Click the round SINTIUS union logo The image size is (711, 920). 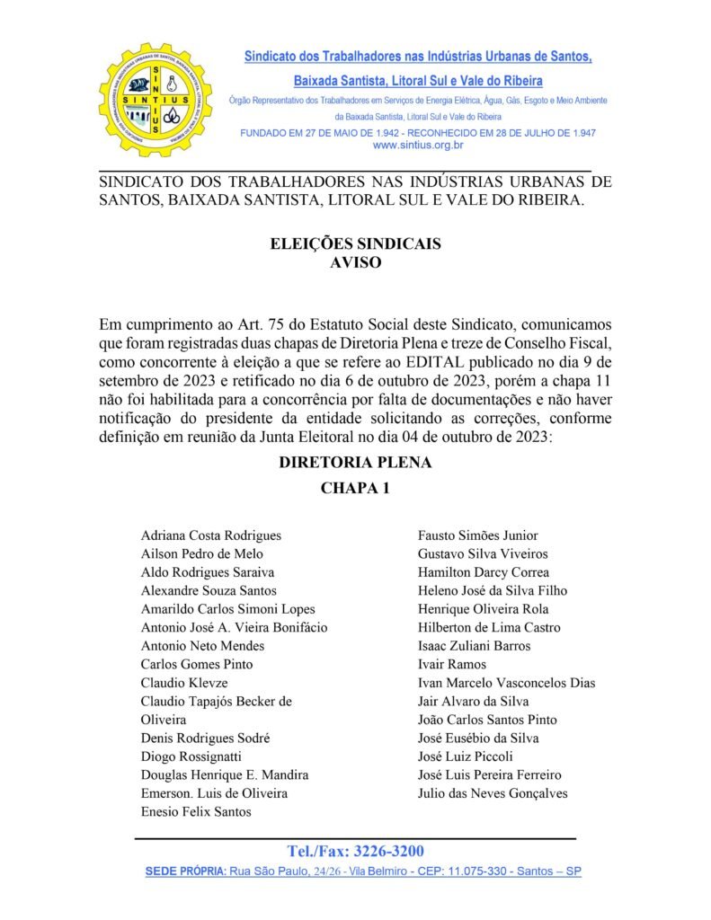point(156,100)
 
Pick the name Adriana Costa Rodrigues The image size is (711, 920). point(211,535)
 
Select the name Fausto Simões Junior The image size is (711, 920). point(478,535)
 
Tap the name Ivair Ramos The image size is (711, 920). point(452,664)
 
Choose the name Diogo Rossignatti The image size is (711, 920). point(191,756)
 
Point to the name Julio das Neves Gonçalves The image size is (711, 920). point(493,793)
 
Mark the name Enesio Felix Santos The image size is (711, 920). point(196,812)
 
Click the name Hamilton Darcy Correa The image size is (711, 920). point(484,572)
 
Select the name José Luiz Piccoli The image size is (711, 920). point(466,756)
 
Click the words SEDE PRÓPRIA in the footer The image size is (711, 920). point(185,872)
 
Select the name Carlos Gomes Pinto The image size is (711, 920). point(197,664)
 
